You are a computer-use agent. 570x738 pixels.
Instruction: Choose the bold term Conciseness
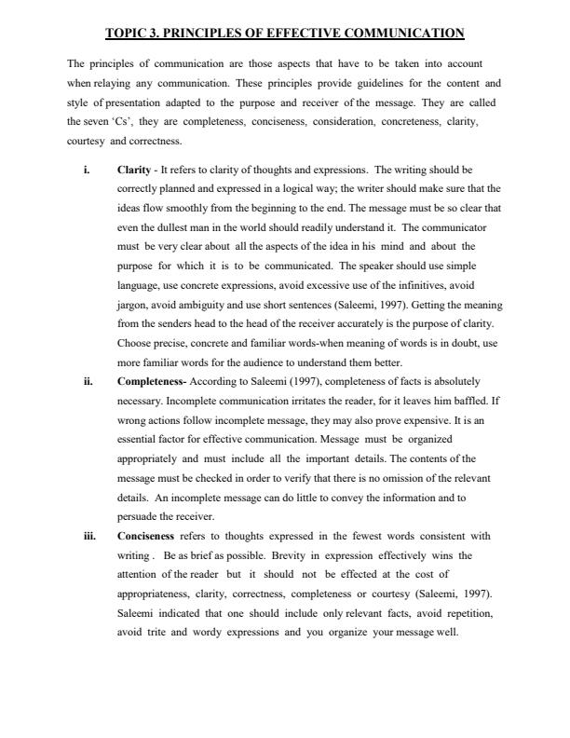(x=145, y=536)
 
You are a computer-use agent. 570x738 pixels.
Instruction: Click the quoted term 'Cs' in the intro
(x=122, y=121)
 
